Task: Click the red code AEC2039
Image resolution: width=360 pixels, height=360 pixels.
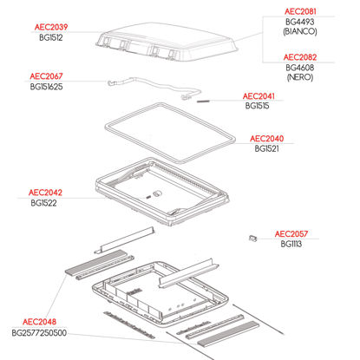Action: click(51, 27)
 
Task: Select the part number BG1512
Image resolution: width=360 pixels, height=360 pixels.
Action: click(51, 37)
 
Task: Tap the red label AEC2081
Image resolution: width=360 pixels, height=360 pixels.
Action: click(300, 11)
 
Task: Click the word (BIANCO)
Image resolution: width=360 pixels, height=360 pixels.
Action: click(300, 31)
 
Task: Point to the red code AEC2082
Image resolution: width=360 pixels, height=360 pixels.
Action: click(300, 57)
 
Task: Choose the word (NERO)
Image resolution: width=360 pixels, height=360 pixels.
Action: click(300, 77)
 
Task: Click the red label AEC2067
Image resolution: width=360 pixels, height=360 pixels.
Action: click(46, 76)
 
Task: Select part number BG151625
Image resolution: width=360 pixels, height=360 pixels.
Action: click(46, 87)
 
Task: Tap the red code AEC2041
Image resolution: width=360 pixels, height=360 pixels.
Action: click(259, 96)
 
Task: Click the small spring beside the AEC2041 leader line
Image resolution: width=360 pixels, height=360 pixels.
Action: click(202, 101)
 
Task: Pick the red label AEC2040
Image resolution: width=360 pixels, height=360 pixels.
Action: click(266, 139)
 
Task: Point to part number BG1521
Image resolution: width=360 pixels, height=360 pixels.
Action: click(266, 148)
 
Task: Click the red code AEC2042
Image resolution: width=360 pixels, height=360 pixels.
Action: click(45, 193)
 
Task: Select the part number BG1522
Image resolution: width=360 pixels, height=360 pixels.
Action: click(43, 203)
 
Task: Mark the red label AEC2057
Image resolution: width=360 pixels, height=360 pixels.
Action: click(291, 233)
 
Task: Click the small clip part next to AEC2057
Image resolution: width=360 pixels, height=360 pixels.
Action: click(252, 238)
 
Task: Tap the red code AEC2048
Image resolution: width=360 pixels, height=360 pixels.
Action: click(39, 322)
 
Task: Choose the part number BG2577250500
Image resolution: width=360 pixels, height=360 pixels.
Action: click(39, 333)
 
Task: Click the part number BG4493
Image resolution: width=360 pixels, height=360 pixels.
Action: click(300, 22)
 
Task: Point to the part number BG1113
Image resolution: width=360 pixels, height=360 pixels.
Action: click(291, 244)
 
